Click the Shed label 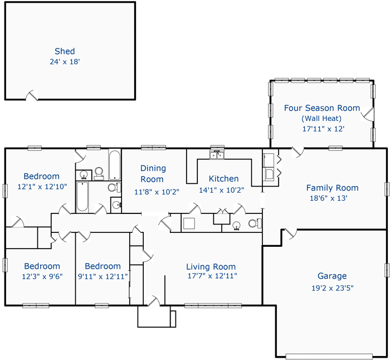(x=65, y=51)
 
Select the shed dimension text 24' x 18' (x=65, y=61)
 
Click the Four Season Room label (x=322, y=108)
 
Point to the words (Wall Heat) (x=321, y=118)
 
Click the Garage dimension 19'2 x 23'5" (x=332, y=288)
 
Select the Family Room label (x=332, y=188)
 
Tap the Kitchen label (x=223, y=179)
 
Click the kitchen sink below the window (x=216, y=154)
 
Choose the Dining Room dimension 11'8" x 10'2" (x=152, y=192)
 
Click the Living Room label (x=211, y=266)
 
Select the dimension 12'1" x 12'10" (x=42, y=187)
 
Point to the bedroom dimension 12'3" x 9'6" (x=42, y=276)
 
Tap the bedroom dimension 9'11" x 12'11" (x=103, y=276)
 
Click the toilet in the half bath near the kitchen (x=253, y=224)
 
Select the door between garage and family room (x=291, y=234)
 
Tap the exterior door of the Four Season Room (x=367, y=114)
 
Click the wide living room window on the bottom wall (x=213, y=305)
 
